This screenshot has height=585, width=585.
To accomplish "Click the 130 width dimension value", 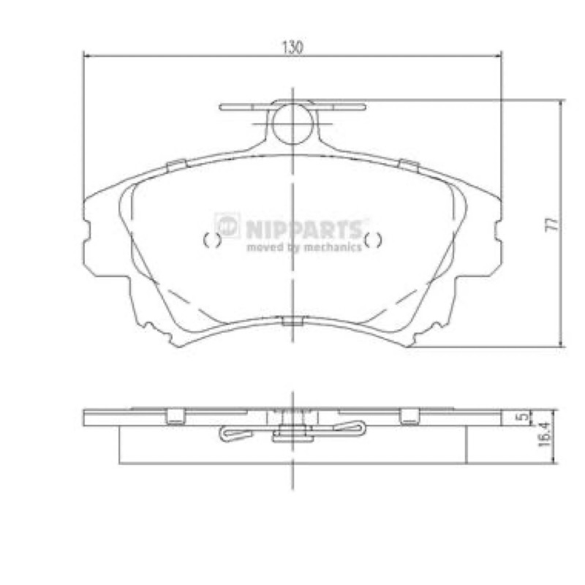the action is point(292,48).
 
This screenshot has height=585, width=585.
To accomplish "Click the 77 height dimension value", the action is point(552,224).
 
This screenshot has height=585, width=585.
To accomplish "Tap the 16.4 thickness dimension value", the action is point(544,434).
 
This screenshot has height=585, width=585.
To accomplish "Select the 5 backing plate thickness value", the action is point(524,415).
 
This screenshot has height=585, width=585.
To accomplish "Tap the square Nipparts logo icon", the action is point(227,225).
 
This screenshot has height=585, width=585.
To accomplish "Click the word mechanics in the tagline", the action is point(333,246).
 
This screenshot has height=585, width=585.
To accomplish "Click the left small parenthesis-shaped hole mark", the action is point(212,240).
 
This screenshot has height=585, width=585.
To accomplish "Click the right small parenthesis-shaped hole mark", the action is point(373,240).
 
